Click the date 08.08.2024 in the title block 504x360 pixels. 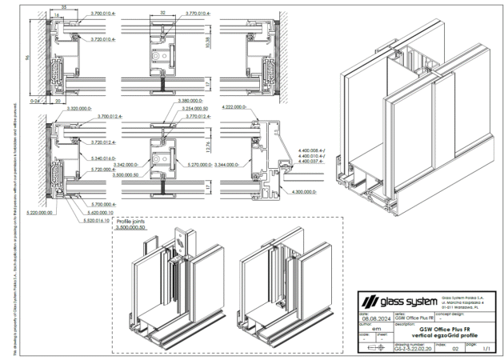(370, 318)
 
